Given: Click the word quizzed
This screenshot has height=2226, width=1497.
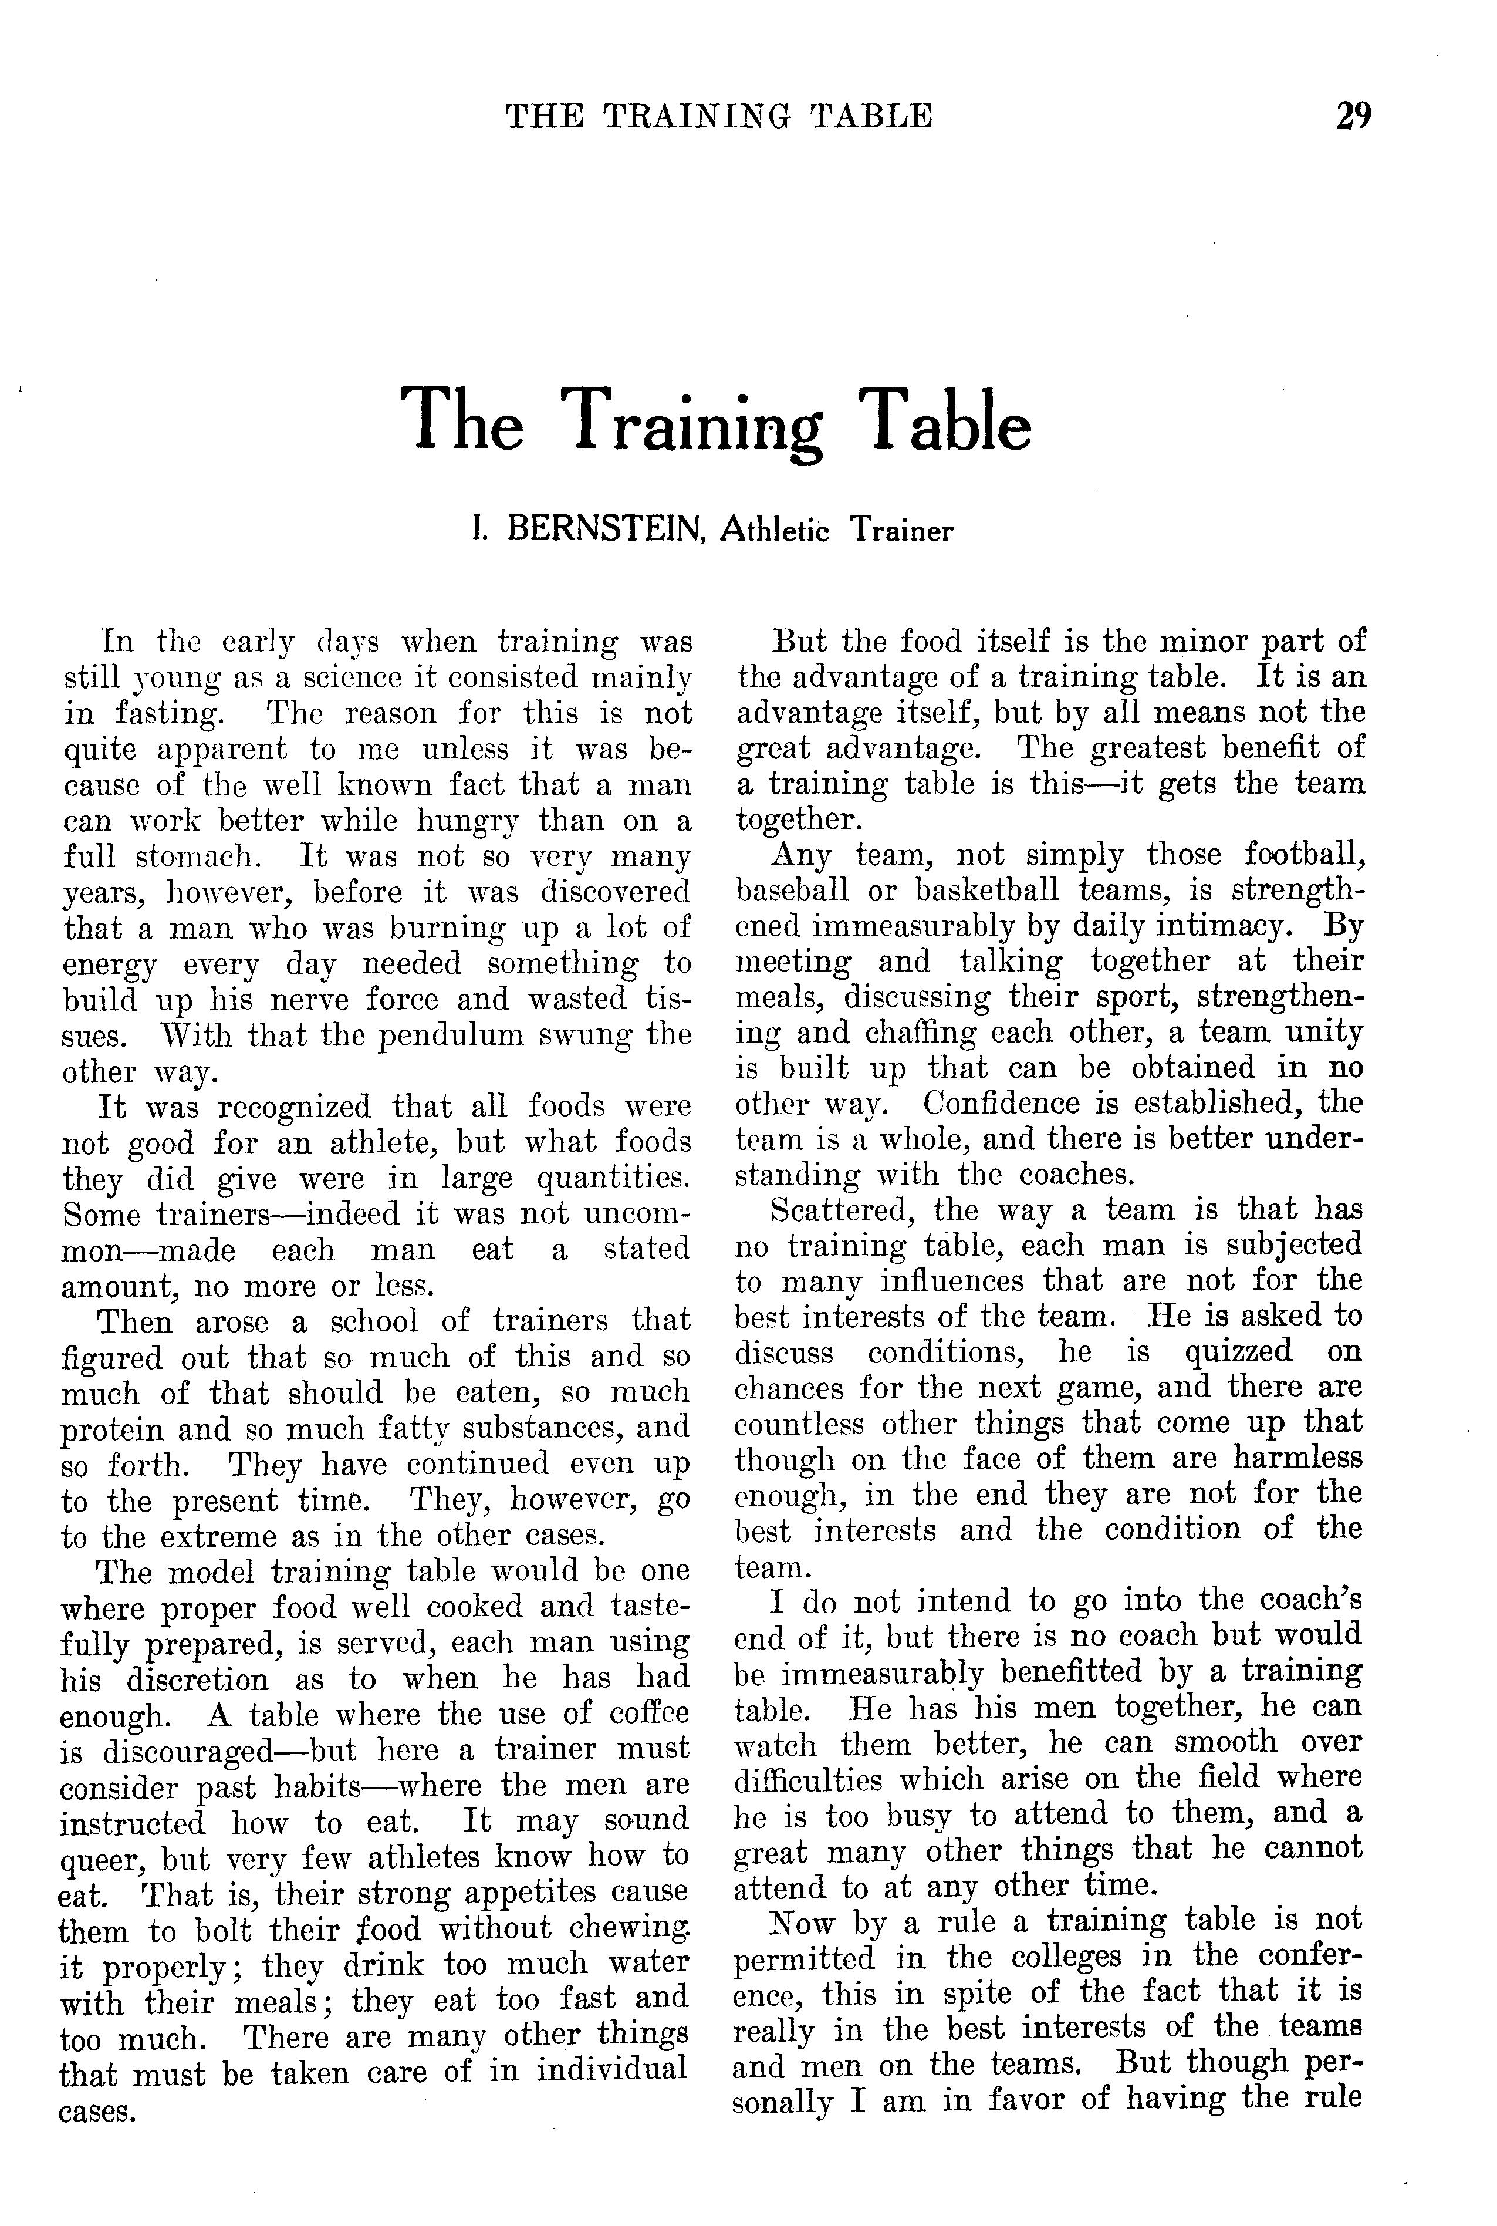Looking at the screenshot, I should click(x=1237, y=1353).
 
